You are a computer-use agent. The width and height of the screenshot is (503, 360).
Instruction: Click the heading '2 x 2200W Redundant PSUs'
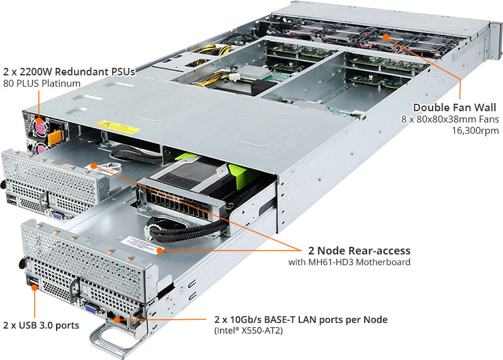tap(69, 72)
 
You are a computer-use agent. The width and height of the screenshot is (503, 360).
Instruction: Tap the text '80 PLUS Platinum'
tap(41, 84)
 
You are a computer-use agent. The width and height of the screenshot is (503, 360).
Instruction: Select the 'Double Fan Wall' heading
tap(454, 107)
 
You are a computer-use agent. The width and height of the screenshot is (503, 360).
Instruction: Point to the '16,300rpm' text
tap(475, 131)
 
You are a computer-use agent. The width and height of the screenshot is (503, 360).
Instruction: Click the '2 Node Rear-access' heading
tap(359, 250)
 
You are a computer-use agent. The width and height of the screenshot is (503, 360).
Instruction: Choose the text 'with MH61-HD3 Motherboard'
tap(350, 262)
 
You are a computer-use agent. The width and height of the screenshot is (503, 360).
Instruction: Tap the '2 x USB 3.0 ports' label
tap(41, 325)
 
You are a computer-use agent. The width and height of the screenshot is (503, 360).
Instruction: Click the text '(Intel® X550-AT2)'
tap(248, 330)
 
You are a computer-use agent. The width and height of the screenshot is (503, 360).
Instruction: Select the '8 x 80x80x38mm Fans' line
tap(450, 119)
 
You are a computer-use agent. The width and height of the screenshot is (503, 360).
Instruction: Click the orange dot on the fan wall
tap(386, 37)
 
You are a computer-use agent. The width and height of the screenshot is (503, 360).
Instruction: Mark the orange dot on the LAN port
tap(117, 320)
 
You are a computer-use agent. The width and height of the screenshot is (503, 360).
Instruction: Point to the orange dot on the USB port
tap(35, 287)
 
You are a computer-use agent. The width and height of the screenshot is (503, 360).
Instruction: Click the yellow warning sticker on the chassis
tap(118, 127)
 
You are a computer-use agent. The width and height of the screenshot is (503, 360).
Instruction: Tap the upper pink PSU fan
tap(40, 126)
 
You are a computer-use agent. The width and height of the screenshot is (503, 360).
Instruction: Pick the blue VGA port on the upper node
tap(58, 215)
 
